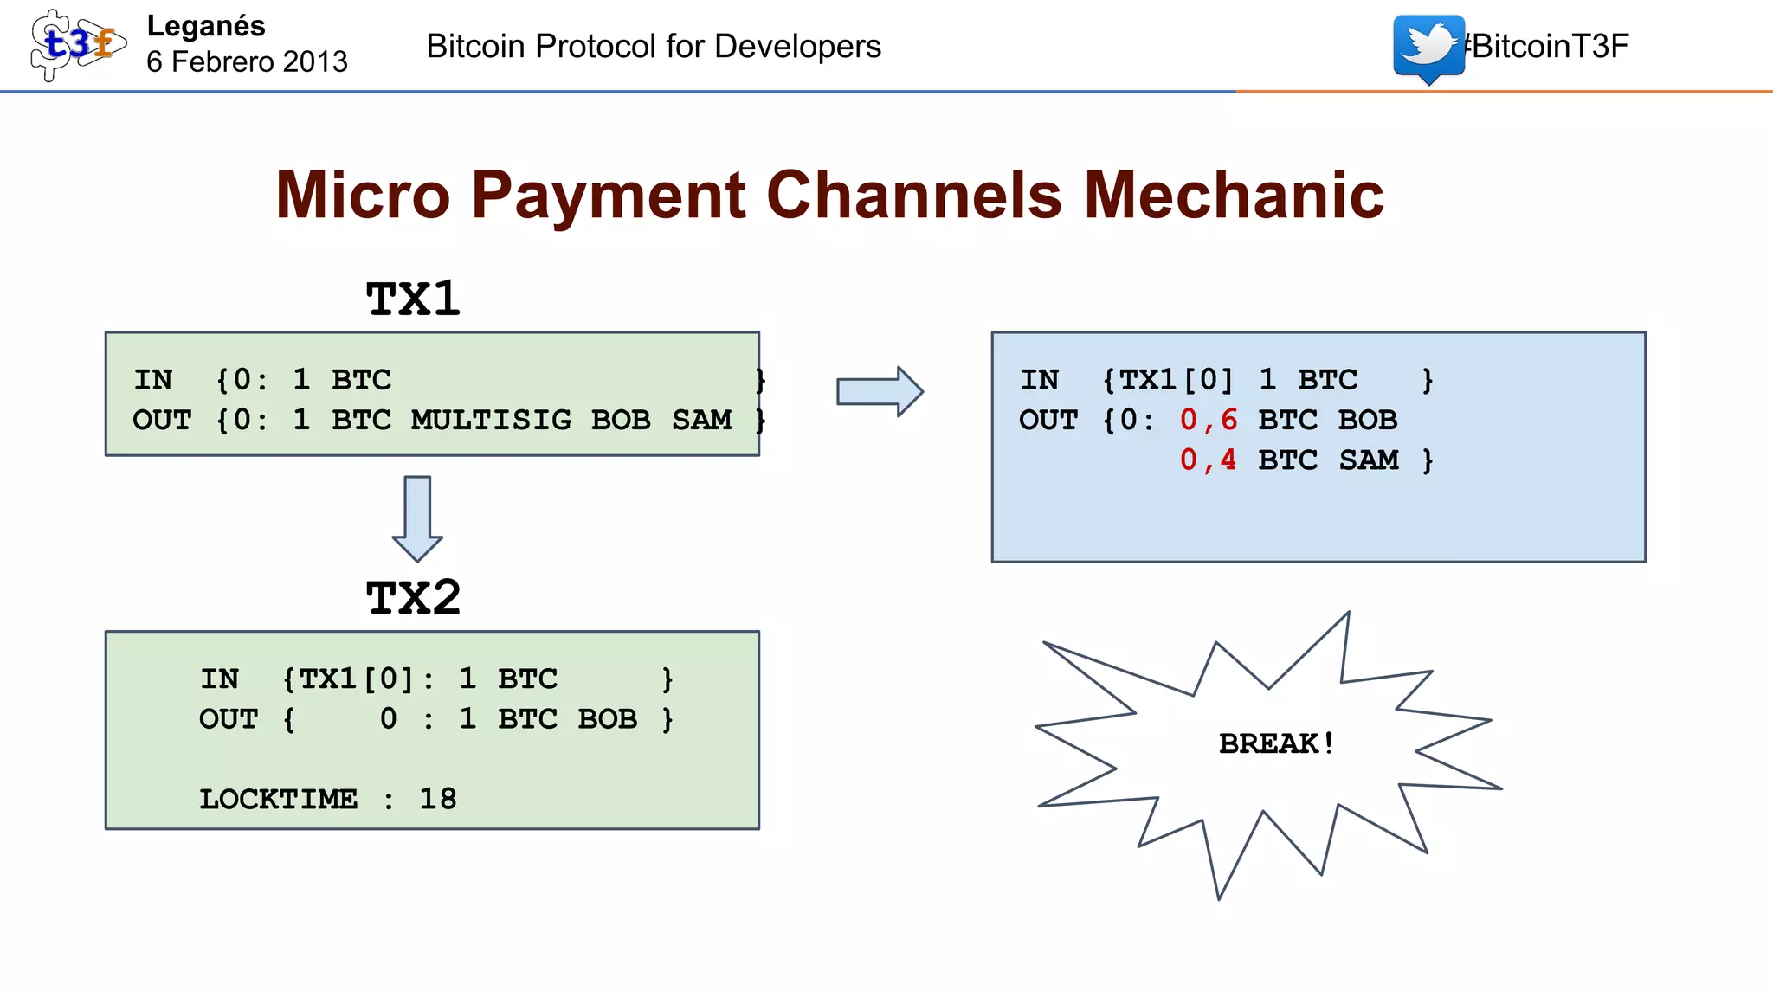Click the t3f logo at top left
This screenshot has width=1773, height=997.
click(x=76, y=45)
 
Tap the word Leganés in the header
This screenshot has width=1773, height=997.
click(x=206, y=26)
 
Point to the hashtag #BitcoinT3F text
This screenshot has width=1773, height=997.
click(x=1548, y=46)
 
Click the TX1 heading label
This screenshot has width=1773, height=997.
click(x=413, y=299)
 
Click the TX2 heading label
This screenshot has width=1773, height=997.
click(x=413, y=598)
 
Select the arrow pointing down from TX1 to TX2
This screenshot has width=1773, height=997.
click(x=417, y=518)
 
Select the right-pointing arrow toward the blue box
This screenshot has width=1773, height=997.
click(x=880, y=391)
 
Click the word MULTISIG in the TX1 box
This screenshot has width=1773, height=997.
click(x=491, y=420)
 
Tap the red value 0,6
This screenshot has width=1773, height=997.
click(x=1208, y=420)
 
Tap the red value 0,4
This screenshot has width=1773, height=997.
click(x=1208, y=460)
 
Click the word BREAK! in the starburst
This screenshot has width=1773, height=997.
click(x=1277, y=743)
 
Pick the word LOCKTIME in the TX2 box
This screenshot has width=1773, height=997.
click(x=278, y=799)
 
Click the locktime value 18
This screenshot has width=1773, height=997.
click(x=437, y=799)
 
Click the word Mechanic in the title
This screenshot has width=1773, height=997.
click(x=1234, y=196)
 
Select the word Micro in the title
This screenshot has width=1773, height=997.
click(x=363, y=196)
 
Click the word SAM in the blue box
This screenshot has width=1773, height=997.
click(x=1368, y=460)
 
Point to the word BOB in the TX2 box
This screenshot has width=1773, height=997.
click(x=607, y=719)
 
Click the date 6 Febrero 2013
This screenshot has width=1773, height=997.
click(x=247, y=62)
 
